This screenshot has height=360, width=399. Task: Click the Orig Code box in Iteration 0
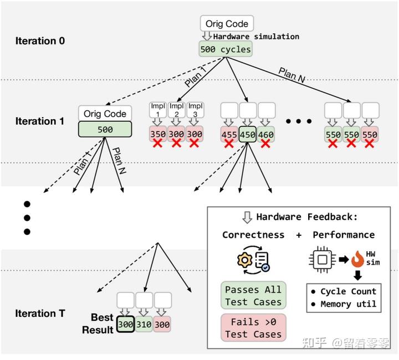[x=227, y=23]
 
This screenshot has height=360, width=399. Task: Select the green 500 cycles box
[x=226, y=49]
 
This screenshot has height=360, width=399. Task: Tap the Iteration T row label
[x=40, y=313]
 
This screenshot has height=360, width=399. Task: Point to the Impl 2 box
[x=176, y=110]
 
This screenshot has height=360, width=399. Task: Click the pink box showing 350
[x=158, y=134]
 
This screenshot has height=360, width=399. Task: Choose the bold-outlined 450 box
[x=248, y=134]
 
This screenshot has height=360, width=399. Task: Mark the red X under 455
[x=229, y=144]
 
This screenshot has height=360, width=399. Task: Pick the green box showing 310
[x=144, y=324]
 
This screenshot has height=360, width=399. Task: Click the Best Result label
[x=98, y=323]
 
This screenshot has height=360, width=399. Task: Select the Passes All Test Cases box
[x=253, y=295]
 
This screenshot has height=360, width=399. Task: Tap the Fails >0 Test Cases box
[x=253, y=328]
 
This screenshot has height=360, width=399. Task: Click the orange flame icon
[x=357, y=259]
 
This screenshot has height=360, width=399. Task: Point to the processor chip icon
[x=322, y=260]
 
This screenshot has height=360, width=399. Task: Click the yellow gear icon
[x=244, y=260]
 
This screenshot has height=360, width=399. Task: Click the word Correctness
[x=253, y=235]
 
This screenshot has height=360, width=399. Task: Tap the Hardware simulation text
[x=256, y=37]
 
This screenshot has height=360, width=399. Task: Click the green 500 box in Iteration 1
[x=105, y=129]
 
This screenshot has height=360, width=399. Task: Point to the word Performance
[x=344, y=235]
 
